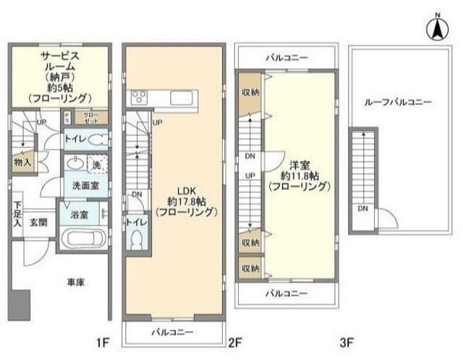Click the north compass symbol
(x=438, y=30)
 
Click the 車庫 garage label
(x=75, y=282)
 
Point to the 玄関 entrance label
(x=38, y=222)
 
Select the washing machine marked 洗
(x=96, y=163)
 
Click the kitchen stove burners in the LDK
(x=139, y=98)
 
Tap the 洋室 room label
(x=300, y=174)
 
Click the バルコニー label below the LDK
(x=172, y=332)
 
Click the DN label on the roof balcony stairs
(x=362, y=209)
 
